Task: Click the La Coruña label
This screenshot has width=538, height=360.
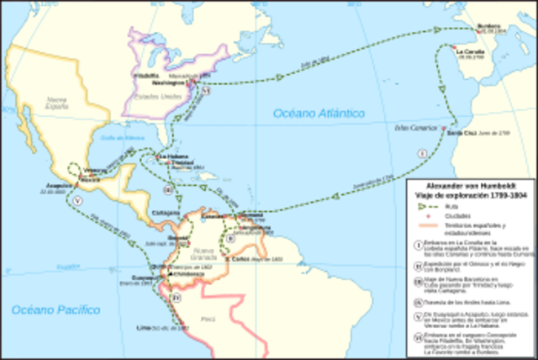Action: tap(470, 51)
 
